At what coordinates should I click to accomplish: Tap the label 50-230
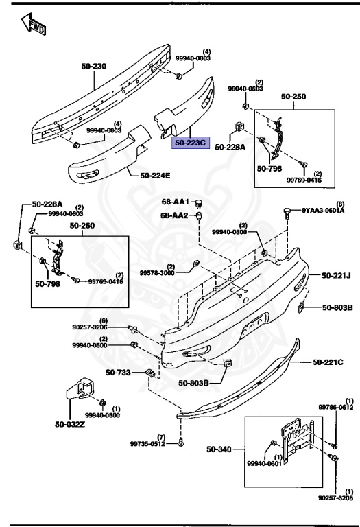tap(94, 66)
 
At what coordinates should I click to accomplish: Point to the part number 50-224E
tap(155, 176)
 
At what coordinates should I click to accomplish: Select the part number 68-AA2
tap(176, 215)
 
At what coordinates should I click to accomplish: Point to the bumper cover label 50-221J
tap(336, 276)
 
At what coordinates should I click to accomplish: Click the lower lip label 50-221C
tap(328, 362)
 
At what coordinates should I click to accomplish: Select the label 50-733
tap(117, 373)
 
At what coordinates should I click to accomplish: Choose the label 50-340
tap(219, 450)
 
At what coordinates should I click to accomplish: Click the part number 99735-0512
tap(148, 444)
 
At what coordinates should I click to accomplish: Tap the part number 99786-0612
tap(336, 407)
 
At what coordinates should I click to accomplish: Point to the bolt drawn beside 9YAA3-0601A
tap(286, 213)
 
